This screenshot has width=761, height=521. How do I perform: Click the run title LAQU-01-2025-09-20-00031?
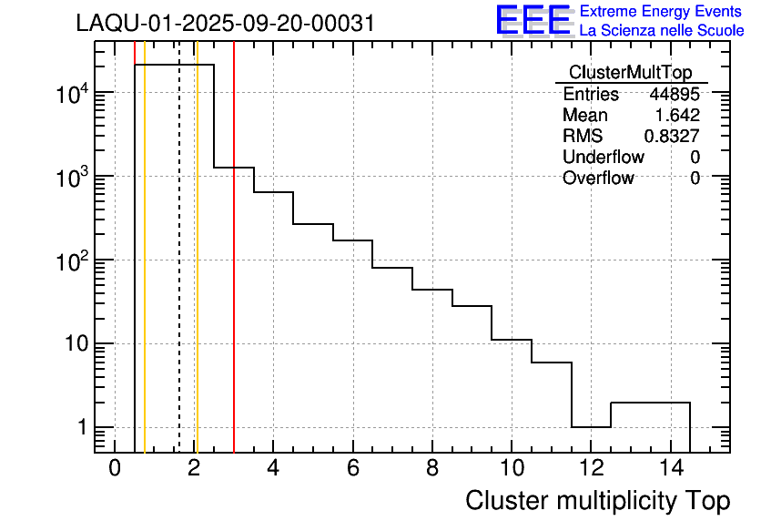pos(225,24)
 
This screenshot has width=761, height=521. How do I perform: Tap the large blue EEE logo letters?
pos(533,20)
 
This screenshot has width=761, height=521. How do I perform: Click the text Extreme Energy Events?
pos(662,12)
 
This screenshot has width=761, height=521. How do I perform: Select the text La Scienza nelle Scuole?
pos(662,31)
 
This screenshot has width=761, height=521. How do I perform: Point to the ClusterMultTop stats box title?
pos(630,73)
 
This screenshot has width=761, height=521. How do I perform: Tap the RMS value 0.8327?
pos(672,137)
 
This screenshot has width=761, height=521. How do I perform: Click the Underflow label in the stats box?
pos(603,158)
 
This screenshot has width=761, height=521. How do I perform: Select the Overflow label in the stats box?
pos(598,179)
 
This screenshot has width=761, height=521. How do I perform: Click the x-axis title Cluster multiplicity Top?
pos(597,501)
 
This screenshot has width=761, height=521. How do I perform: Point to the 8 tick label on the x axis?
pos(432,469)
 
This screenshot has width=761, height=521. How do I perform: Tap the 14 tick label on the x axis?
pos(670,469)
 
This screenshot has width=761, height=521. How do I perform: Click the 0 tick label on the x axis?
pos(115,469)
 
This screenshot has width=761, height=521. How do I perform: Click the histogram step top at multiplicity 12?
pos(592,426)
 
